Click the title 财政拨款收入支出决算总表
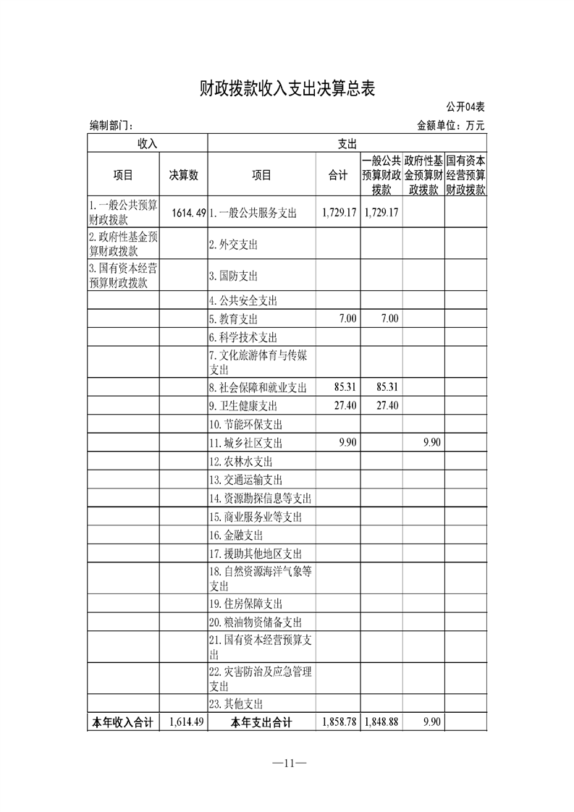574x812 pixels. (x=287, y=89)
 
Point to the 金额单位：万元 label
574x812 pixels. (x=450, y=125)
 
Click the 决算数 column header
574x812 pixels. (x=184, y=174)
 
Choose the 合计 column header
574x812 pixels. (x=338, y=174)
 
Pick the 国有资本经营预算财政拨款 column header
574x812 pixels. (x=465, y=174)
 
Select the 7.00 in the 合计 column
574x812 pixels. (x=347, y=318)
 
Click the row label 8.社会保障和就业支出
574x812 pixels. (x=258, y=387)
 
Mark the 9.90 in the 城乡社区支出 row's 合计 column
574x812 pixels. (x=347, y=443)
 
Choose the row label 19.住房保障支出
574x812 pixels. (x=246, y=604)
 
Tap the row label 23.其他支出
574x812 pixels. (x=236, y=703)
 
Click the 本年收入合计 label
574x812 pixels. (x=122, y=722)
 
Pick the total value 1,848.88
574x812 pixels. (x=381, y=722)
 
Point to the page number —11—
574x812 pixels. (x=287, y=764)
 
